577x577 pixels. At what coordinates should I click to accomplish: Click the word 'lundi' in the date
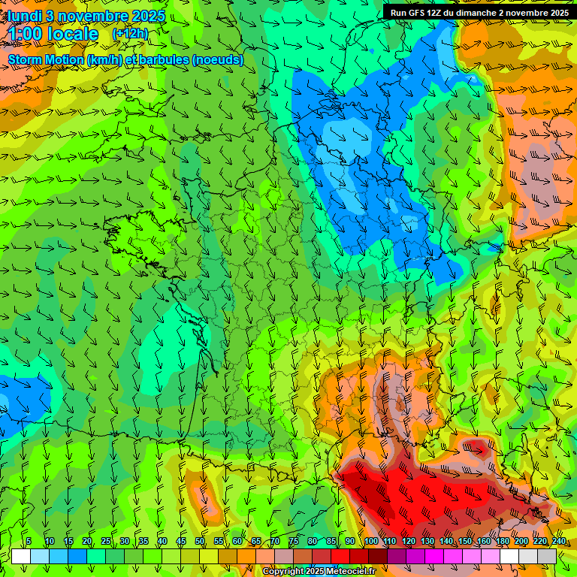click(x=26, y=16)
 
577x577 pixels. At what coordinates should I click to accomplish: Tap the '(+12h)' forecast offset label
click(x=130, y=33)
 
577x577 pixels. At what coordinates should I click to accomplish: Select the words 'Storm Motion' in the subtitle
click(x=46, y=59)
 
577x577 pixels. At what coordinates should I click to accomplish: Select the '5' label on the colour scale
click(x=29, y=542)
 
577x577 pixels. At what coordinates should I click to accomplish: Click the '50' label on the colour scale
click(x=200, y=542)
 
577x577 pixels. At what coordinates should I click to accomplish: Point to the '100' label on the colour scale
click(x=371, y=542)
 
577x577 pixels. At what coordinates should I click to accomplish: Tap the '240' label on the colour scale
click(x=558, y=542)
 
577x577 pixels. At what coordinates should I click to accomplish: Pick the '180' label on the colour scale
click(x=502, y=542)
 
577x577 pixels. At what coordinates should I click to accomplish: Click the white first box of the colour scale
click(x=21, y=556)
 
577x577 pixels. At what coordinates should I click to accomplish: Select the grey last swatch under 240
click(x=547, y=556)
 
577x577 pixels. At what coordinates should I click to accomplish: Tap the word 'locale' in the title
click(x=73, y=34)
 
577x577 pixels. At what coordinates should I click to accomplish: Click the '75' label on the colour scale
click(x=294, y=542)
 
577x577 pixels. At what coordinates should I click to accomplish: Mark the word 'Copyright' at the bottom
click(x=283, y=572)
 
